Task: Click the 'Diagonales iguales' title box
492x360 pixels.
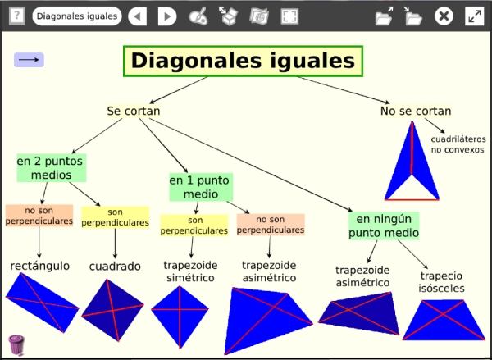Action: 244,62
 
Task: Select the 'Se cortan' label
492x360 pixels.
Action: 134,111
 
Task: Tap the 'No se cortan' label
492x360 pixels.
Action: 416,111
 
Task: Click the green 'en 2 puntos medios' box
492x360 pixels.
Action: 52,167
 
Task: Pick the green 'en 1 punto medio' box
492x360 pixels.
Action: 201,187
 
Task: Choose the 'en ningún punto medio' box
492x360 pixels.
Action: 384,226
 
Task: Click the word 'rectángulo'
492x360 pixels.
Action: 40,266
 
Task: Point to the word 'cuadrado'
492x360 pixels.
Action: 115,267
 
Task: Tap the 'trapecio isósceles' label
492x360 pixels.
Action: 441,282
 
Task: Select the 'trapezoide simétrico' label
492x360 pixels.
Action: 190,271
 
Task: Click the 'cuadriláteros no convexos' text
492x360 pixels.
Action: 458,144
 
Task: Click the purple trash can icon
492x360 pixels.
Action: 16,345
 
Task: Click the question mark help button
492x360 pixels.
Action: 16,16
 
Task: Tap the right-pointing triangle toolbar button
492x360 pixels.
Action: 167,16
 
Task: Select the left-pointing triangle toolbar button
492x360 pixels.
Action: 138,16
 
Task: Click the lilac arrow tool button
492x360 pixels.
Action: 29,60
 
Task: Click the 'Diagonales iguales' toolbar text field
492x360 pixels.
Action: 77,16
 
